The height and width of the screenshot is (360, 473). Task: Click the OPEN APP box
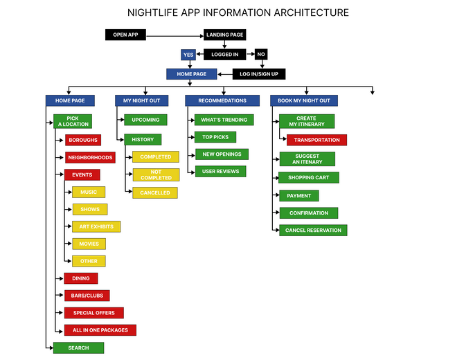pyautogui.click(x=125, y=35)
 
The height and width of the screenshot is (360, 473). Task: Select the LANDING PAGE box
pyautogui.click(x=224, y=35)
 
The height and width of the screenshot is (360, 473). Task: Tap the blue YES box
pyautogui.click(x=188, y=54)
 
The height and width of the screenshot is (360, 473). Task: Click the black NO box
pyautogui.click(x=260, y=54)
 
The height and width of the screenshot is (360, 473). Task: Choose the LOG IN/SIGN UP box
pyautogui.click(x=258, y=73)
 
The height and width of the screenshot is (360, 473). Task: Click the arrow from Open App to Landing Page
pyautogui.click(x=175, y=35)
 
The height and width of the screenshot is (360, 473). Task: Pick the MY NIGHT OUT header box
pyautogui.click(x=141, y=100)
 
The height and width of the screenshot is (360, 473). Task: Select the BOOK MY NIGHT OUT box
pyautogui.click(x=304, y=100)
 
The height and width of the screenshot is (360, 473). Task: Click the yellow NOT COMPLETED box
pyautogui.click(x=155, y=175)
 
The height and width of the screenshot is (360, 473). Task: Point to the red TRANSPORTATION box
pyautogui.click(x=316, y=140)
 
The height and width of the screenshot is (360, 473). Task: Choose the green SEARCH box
pyautogui.click(x=78, y=348)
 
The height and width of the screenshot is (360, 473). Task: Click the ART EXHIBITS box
pyautogui.click(x=96, y=226)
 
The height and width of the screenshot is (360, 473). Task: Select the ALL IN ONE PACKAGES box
pyautogui.click(x=100, y=330)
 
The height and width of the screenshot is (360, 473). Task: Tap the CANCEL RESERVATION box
pyautogui.click(x=313, y=230)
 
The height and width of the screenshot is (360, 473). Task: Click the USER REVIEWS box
pyautogui.click(x=220, y=171)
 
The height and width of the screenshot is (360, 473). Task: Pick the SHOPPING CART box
pyautogui.click(x=308, y=178)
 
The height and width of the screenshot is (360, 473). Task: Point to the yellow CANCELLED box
pyautogui.click(x=154, y=192)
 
